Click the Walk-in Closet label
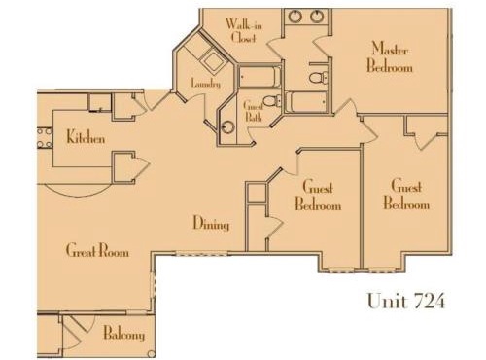[244, 31]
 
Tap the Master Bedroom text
[390, 57]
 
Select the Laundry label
[206, 83]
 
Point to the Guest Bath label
[254, 111]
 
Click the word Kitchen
[86, 137]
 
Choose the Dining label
[211, 223]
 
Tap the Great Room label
[97, 250]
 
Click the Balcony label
[124, 334]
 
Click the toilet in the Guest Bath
[271, 101]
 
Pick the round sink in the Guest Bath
[228, 127]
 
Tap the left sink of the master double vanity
[295, 17]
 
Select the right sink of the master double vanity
[317, 17]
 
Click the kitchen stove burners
[45, 138]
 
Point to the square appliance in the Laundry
[212, 60]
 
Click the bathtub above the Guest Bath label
[260, 77]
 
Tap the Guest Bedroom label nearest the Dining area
[318, 196]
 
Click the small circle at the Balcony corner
[151, 354]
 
